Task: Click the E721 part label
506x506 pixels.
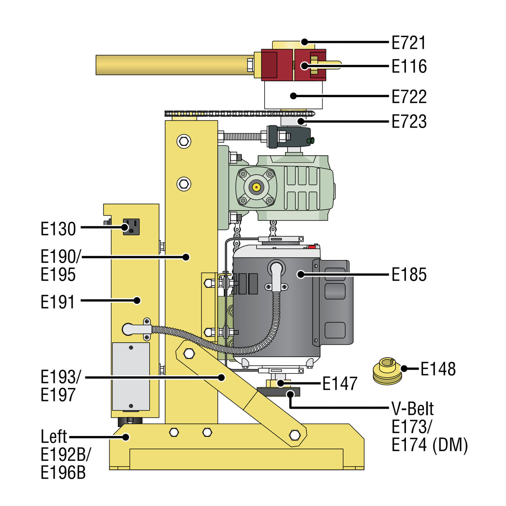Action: (409, 43)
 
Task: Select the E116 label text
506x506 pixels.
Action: (409, 66)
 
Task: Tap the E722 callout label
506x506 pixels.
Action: (409, 97)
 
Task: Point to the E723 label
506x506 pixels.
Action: (409, 122)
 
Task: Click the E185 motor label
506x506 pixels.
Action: (409, 275)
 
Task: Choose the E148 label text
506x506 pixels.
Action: (438, 369)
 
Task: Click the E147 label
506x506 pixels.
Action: (340, 383)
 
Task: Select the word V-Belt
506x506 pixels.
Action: (412, 409)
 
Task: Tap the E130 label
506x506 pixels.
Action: (58, 229)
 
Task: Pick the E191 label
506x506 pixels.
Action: (58, 302)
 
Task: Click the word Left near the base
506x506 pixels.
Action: (54, 437)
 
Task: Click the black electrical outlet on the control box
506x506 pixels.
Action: (131, 227)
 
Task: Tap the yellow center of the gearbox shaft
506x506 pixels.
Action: (256, 187)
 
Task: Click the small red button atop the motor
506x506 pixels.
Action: (312, 247)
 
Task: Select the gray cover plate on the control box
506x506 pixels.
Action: (131, 376)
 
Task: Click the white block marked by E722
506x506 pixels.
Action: (293, 96)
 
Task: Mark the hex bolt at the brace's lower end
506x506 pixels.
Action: (295, 435)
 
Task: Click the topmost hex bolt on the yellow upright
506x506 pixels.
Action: (183, 141)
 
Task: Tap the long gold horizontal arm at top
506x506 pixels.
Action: (171, 65)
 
